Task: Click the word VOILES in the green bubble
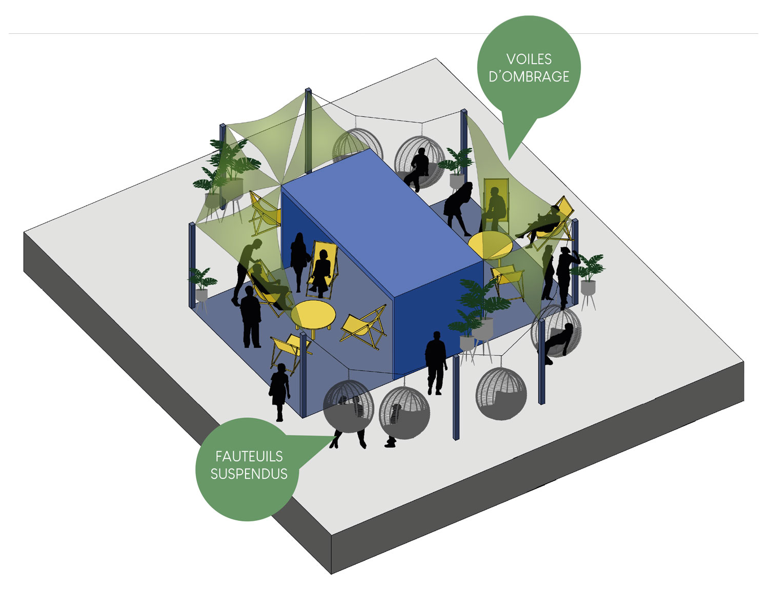click(x=529, y=59)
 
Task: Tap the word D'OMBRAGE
click(x=529, y=77)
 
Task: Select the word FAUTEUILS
click(x=249, y=456)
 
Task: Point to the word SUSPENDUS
click(x=249, y=474)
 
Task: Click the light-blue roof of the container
click(x=382, y=205)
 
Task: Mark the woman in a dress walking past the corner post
click(x=279, y=390)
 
